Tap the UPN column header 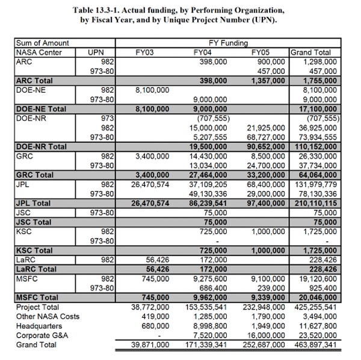pos(96,52)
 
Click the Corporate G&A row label pos(41,335)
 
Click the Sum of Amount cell pos(42,43)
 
